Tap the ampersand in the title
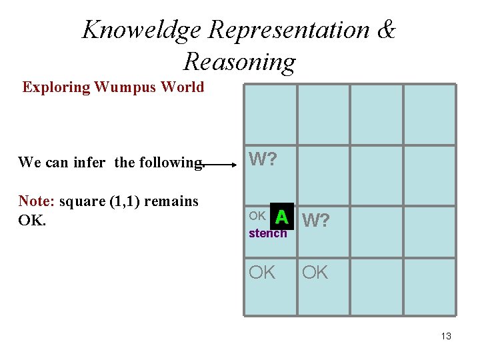pyautogui.click(x=385, y=30)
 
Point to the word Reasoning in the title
pyautogui.click(x=239, y=61)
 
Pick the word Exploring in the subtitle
pyautogui.click(x=56, y=87)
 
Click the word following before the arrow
pyautogui.click(x=169, y=162)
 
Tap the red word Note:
pyautogui.click(x=37, y=201)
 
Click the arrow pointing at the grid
pyautogui.click(x=223, y=161)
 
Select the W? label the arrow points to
pyautogui.click(x=263, y=160)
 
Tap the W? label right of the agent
pyautogui.click(x=317, y=219)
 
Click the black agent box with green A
pyautogui.click(x=281, y=216)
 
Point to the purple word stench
pyautogui.click(x=267, y=233)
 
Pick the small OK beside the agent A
pyautogui.click(x=257, y=216)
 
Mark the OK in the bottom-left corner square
pyautogui.click(x=262, y=272)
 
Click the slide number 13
pyautogui.click(x=446, y=336)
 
